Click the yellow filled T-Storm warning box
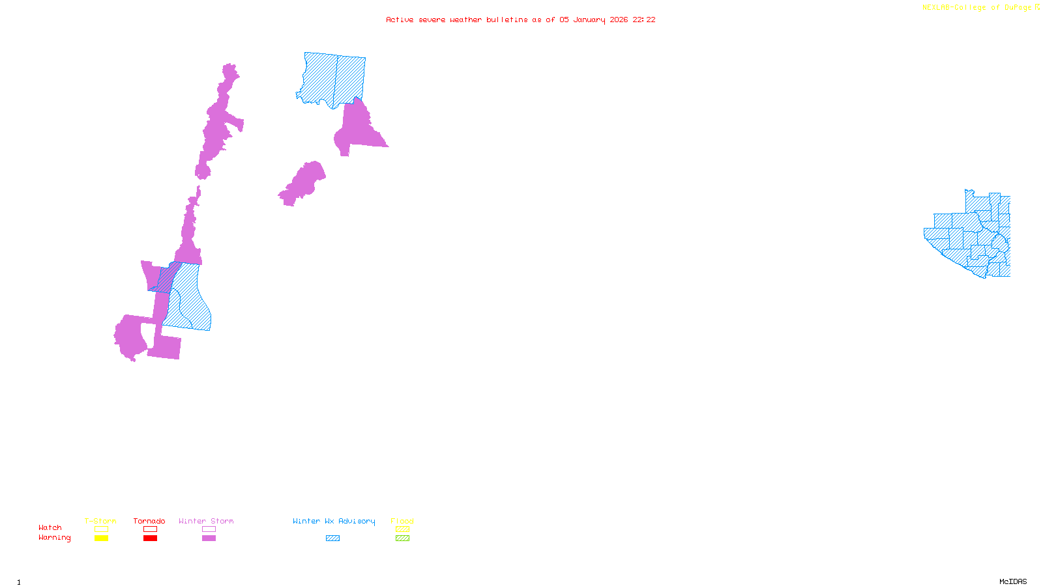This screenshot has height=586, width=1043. (x=101, y=538)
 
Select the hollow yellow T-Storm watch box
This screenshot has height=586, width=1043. (x=101, y=529)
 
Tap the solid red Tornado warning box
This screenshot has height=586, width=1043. (x=150, y=538)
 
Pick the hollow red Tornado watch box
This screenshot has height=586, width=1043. (x=150, y=529)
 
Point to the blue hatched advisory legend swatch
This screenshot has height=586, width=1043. (x=332, y=538)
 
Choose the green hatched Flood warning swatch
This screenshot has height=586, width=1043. (x=402, y=538)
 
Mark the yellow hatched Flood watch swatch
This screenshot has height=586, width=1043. (x=402, y=529)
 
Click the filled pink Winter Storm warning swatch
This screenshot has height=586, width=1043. (x=209, y=538)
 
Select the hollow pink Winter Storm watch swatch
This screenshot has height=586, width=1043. (x=209, y=529)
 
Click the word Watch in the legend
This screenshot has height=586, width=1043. (x=50, y=528)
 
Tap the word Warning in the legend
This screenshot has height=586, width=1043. (x=55, y=538)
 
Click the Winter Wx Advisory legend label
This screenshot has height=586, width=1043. (x=334, y=521)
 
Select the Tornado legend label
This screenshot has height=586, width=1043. (x=149, y=521)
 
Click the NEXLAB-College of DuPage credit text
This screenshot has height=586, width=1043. (x=977, y=8)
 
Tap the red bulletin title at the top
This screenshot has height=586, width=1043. (x=521, y=20)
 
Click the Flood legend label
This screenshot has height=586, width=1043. (x=402, y=521)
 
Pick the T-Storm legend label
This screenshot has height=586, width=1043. (x=100, y=521)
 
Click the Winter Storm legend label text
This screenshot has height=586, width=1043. (x=206, y=521)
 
